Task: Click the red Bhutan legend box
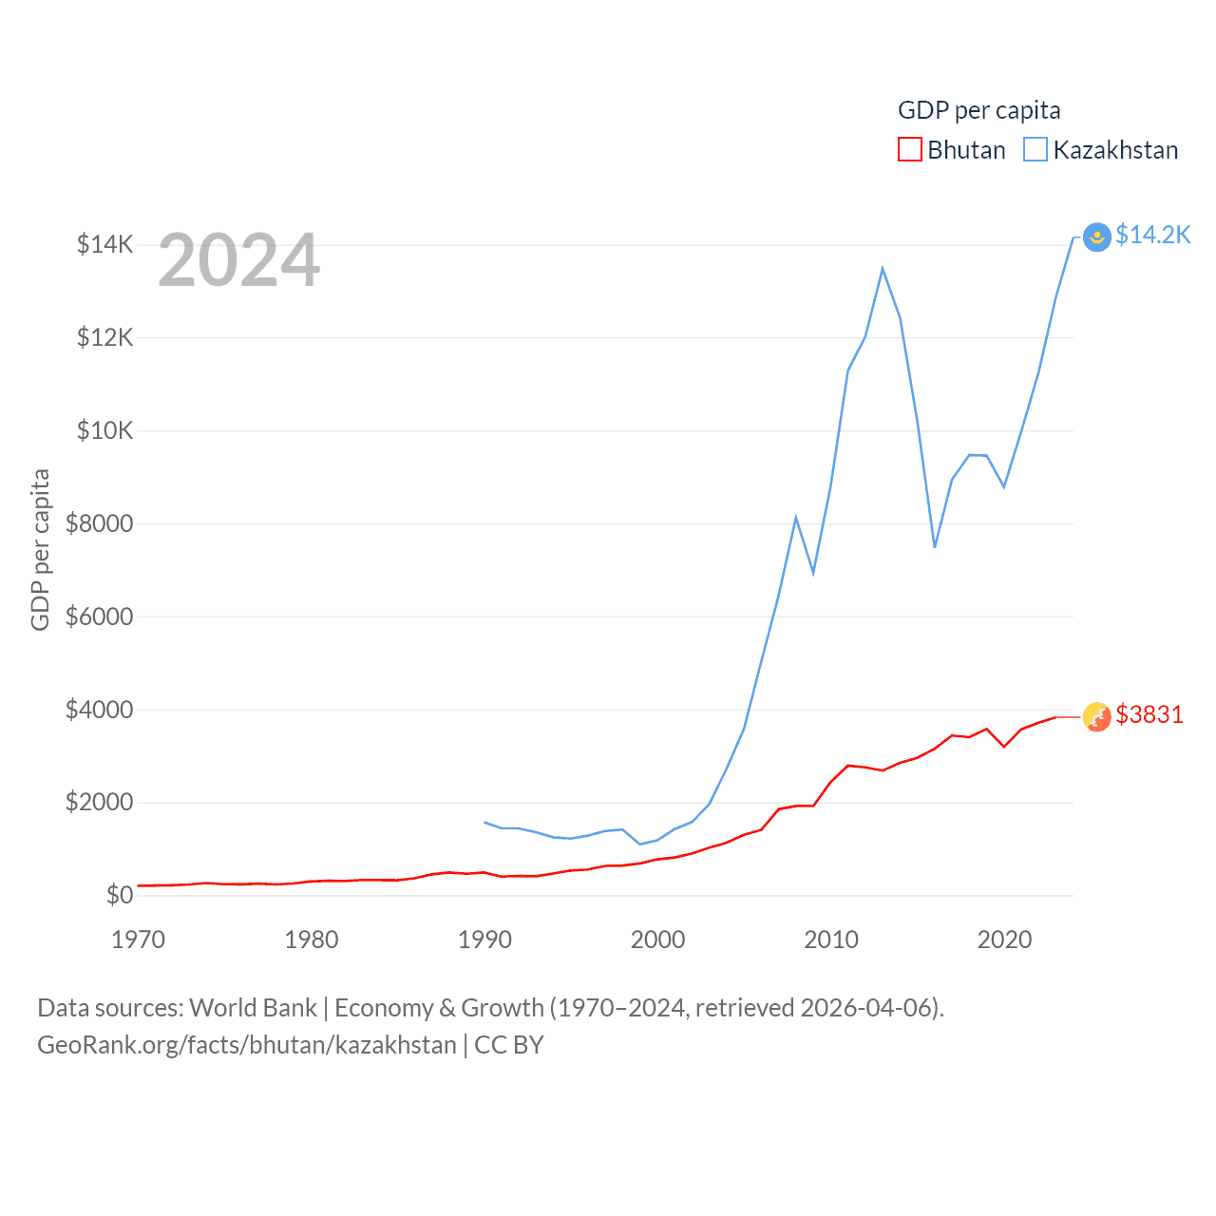[909, 150]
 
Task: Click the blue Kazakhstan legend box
[1035, 150]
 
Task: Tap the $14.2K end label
[1152, 235]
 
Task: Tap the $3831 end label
[1149, 714]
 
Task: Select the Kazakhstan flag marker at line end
[1097, 237]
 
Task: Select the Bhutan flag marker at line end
[1097, 716]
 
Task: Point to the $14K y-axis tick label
[104, 245]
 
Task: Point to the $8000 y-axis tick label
[99, 523]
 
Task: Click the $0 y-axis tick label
[119, 895]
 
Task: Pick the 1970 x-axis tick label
[138, 940]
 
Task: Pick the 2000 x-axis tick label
[657, 940]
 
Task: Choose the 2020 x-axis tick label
[1004, 940]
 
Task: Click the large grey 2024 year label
[238, 260]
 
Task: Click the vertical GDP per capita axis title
[40, 549]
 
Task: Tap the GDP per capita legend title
[978, 110]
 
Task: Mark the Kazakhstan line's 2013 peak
[883, 269]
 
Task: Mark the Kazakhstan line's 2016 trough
[935, 546]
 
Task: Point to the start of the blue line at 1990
[484, 822]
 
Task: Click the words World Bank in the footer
[253, 1007]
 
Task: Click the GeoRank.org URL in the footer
[246, 1045]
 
